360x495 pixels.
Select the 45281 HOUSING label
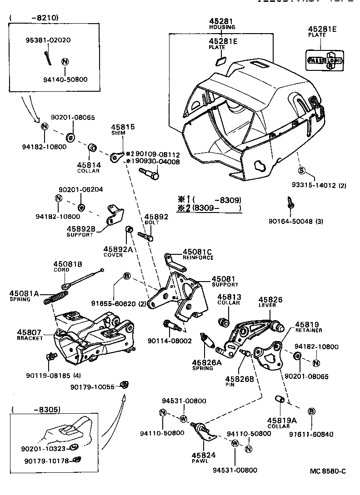point(222,24)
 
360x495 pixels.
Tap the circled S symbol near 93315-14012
point(301,171)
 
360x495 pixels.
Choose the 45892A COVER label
point(116,252)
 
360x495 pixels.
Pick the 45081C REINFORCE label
point(198,254)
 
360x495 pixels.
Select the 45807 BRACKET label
point(30,335)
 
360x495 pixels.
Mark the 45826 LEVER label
point(270,302)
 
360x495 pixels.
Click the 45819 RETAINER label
point(310,327)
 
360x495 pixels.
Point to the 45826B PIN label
point(239,381)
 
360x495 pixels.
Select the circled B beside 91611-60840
point(312,411)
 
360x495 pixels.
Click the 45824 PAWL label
point(200,457)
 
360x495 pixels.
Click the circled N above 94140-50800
point(65,62)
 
